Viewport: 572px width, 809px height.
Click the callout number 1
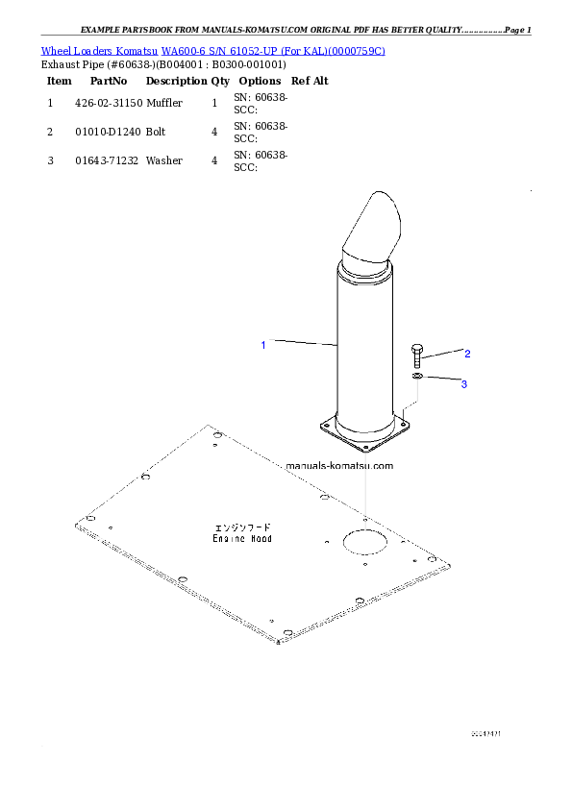(262, 343)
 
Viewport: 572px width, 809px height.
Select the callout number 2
(467, 353)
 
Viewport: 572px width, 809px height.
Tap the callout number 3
(463, 384)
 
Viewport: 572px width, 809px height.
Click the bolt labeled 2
(416, 355)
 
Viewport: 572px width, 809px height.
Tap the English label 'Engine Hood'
(242, 539)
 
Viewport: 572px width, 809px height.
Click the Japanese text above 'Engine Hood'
(242, 527)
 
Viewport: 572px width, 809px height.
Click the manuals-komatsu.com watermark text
(339, 466)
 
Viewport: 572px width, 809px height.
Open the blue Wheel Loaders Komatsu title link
(212, 50)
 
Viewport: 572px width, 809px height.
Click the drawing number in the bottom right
(486, 733)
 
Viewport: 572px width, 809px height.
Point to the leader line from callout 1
(303, 341)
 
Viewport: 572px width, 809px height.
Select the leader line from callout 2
(442, 355)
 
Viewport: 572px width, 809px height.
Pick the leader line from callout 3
(441, 380)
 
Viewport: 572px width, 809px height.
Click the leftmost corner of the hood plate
(77, 525)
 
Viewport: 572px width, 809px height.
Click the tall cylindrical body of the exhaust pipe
(366, 346)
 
